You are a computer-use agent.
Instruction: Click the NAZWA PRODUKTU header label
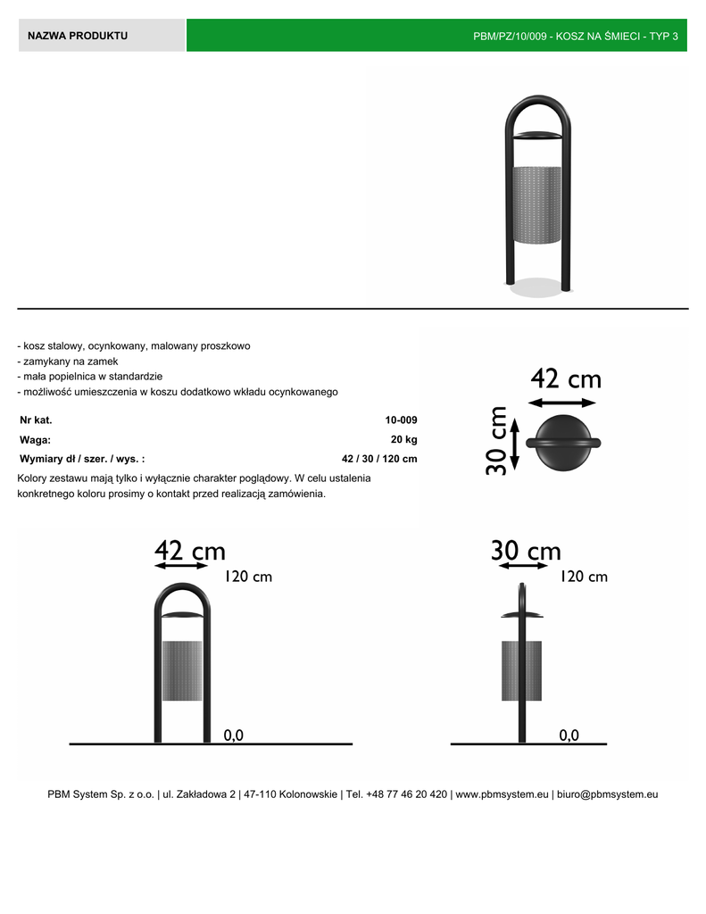78,36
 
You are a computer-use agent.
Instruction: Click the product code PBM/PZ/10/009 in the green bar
511,37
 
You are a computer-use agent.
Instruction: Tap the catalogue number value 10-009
401,420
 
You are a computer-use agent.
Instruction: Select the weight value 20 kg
403,439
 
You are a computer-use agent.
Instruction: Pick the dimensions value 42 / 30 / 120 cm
379,459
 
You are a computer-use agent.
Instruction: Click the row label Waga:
35,439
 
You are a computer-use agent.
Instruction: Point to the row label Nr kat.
36,420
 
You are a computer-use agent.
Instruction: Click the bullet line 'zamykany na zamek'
66,361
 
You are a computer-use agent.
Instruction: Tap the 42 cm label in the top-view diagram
566,379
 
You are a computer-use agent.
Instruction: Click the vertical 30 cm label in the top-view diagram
497,441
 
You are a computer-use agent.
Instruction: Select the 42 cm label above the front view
189,550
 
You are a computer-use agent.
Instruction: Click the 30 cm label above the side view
526,551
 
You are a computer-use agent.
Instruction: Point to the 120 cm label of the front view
248,577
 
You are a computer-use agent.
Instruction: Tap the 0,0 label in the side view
569,735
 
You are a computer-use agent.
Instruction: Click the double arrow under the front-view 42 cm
182,566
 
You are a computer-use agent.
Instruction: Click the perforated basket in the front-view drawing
182,669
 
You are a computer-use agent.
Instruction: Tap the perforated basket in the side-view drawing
521,669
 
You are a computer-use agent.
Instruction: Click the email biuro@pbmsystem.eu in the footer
609,794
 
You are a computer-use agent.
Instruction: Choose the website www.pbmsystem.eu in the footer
502,794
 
